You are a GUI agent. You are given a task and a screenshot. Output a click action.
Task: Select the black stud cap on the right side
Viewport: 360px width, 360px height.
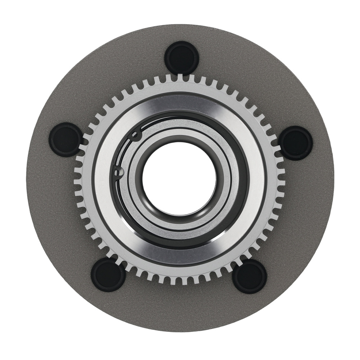tap(296, 143)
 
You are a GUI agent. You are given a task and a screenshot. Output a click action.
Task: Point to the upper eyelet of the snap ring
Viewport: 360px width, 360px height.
tap(135, 135)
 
